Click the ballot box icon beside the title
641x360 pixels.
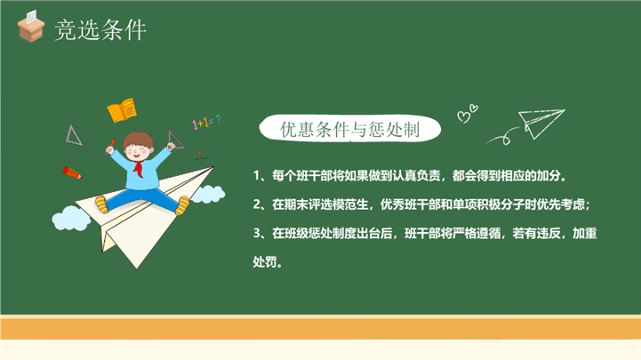pos(30,26)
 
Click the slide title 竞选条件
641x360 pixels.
pos(100,30)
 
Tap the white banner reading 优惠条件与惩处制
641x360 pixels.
pos(350,129)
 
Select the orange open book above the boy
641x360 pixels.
pos(122,110)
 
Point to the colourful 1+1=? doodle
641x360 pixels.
pos(206,122)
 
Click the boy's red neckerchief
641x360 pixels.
pos(139,168)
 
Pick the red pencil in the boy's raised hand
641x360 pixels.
pos(111,144)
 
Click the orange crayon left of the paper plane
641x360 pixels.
pos(72,172)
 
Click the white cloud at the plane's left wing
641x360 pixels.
pos(71,218)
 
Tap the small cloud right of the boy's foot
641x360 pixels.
pos(208,194)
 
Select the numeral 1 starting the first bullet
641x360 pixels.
pos(257,176)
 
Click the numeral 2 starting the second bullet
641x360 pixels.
pos(257,204)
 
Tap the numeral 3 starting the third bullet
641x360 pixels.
pos(257,233)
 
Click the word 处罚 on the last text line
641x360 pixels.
pos(265,261)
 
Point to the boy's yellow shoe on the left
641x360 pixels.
pos(101,204)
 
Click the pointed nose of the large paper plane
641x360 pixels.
pos(213,167)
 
